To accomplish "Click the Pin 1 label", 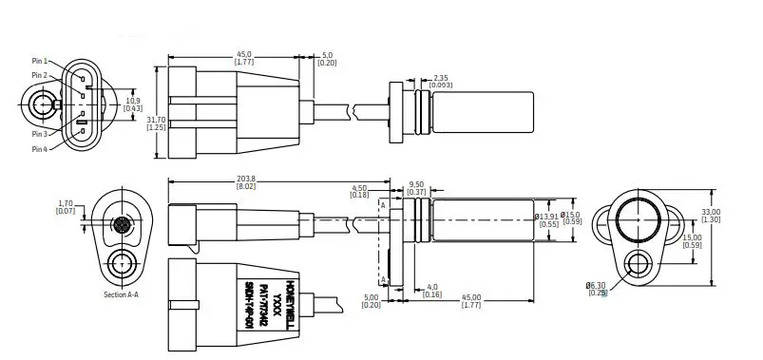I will (39, 61).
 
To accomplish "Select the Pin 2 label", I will (39, 75).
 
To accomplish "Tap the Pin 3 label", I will (39, 134).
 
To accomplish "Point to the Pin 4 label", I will (39, 149).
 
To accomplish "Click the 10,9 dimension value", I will (134, 100).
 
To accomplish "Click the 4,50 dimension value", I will (359, 188).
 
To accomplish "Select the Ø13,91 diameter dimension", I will (546, 218).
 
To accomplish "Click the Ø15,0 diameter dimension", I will (571, 218).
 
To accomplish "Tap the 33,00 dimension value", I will (711, 212).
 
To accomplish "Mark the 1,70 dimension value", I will (66, 203).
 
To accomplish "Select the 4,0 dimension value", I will (431, 287).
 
